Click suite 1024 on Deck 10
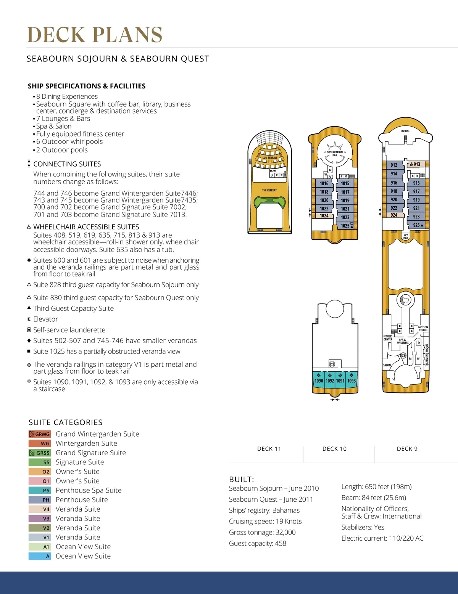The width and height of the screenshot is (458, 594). tap(324, 216)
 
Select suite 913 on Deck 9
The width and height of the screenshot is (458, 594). tap(416, 165)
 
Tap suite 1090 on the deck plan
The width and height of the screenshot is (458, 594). tap(319, 380)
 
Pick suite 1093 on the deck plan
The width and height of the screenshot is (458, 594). tap(352, 380)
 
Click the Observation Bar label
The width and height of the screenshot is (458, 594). tap(335, 154)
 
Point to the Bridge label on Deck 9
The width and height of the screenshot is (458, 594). tap(405, 131)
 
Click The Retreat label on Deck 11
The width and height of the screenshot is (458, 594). tap(269, 190)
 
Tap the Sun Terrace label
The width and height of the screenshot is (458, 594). tap(270, 158)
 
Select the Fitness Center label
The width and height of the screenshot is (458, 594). tap(388, 338)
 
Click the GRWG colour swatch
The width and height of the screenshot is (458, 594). tap(40, 434)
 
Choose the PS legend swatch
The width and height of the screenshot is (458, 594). tap(40, 490)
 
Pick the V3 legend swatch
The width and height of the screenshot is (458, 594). tap(40, 519)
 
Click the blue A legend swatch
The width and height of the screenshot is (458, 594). tap(40, 556)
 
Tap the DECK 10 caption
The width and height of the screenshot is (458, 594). tap(334, 449)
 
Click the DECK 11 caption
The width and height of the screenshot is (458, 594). tap(269, 449)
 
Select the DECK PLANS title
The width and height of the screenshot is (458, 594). tap(95, 35)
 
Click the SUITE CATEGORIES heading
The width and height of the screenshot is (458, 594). tap(66, 422)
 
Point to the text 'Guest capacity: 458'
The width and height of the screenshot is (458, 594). tap(258, 543)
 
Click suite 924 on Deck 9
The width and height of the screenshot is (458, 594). tap(394, 215)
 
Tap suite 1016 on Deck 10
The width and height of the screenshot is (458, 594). tap(324, 183)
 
